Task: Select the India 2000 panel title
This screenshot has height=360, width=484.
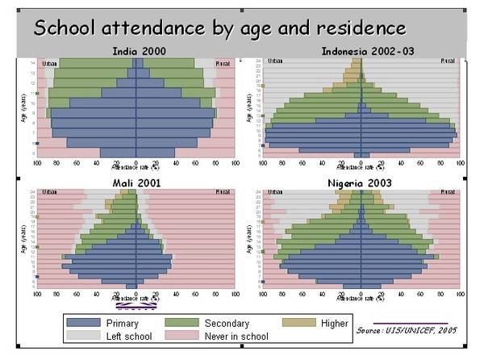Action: (136, 52)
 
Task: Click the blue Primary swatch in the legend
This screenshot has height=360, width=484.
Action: (84, 323)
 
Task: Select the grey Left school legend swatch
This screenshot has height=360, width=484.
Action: (84, 336)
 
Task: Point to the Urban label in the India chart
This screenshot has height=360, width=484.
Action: (50, 62)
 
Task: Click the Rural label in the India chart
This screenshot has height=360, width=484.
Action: (222, 62)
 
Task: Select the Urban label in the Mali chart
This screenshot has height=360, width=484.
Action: (49, 193)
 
